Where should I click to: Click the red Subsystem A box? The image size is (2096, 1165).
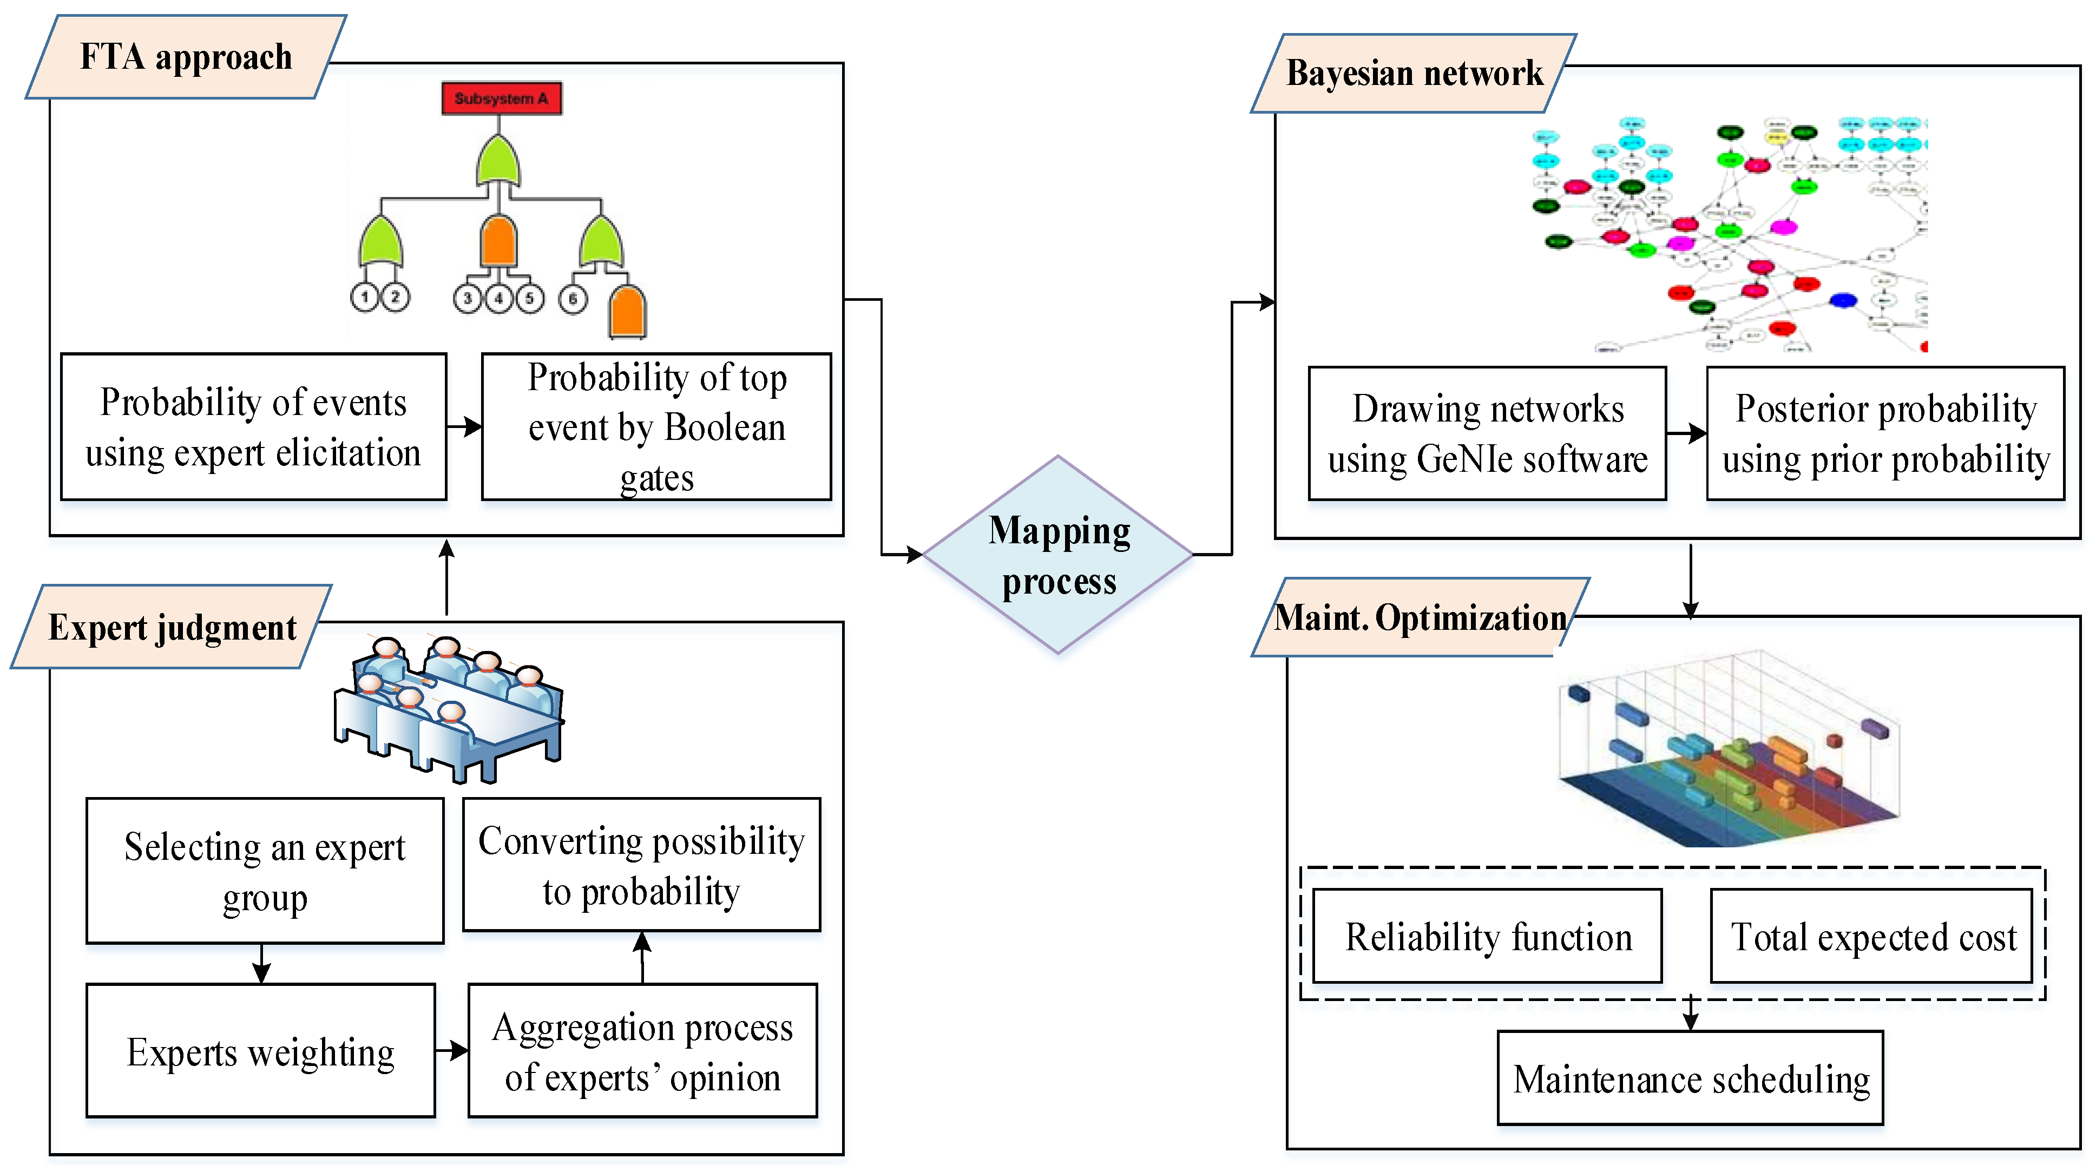(501, 98)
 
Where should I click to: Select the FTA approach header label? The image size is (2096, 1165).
(186, 57)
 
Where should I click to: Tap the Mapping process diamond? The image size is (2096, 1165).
(1058, 555)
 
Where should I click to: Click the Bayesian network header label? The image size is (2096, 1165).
(1414, 73)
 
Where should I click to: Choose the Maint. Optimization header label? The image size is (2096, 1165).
(1420, 617)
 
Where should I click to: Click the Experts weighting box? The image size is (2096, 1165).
(260, 1051)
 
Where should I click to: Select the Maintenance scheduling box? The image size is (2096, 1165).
(1690, 1079)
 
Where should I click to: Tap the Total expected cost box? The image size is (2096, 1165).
(1871, 937)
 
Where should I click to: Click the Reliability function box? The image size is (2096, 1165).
(1487, 937)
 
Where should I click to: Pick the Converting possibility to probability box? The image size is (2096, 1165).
(641, 865)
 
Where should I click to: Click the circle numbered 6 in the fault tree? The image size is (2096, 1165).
(573, 299)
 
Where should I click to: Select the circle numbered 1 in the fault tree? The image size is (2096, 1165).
(365, 297)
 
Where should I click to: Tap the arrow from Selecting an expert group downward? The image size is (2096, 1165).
(261, 964)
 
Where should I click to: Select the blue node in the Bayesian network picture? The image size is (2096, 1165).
(1843, 300)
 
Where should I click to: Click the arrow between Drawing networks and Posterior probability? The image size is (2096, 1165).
(1686, 433)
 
